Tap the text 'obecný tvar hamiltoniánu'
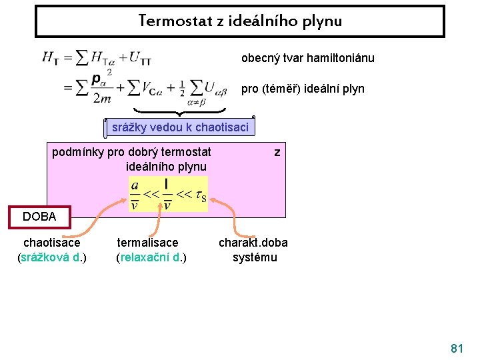(x=307, y=58)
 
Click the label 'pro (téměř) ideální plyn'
(x=303, y=89)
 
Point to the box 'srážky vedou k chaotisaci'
(x=180, y=127)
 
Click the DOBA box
(x=39, y=217)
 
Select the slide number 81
(x=457, y=348)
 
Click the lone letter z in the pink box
(x=277, y=153)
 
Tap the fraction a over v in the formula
(x=135, y=195)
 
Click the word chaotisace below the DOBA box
(x=51, y=243)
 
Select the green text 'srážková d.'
(x=50, y=257)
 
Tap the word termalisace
(x=147, y=243)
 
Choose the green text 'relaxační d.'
(x=151, y=257)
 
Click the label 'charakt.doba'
(x=253, y=243)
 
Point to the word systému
(x=255, y=257)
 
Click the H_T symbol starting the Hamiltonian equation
(x=51, y=59)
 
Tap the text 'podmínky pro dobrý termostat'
(x=131, y=152)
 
